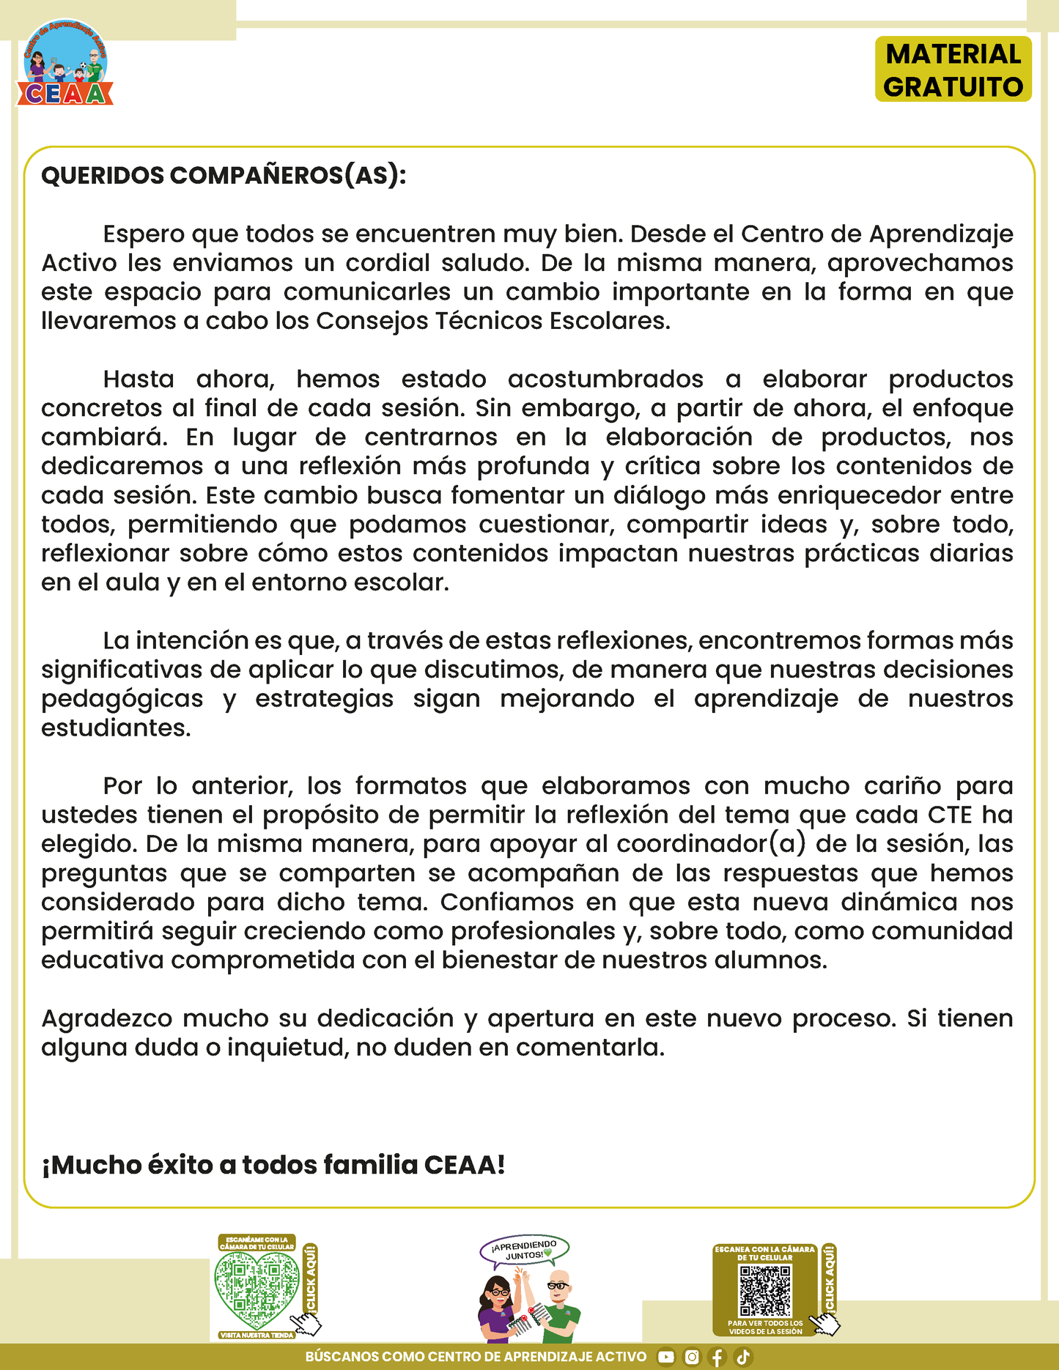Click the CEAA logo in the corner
click(65, 64)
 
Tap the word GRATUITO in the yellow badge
click(953, 86)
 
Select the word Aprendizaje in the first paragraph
click(941, 234)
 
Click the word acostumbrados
click(605, 379)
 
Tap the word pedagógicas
click(122, 699)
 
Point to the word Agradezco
click(107, 1018)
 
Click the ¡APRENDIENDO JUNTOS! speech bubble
click(524, 1250)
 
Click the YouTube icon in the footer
click(665, 1357)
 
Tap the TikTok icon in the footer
click(743, 1357)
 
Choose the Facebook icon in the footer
click(717, 1357)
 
